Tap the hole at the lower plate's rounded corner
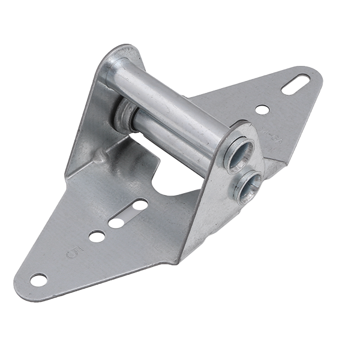38,279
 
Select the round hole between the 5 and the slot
96,236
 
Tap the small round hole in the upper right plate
262,109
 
